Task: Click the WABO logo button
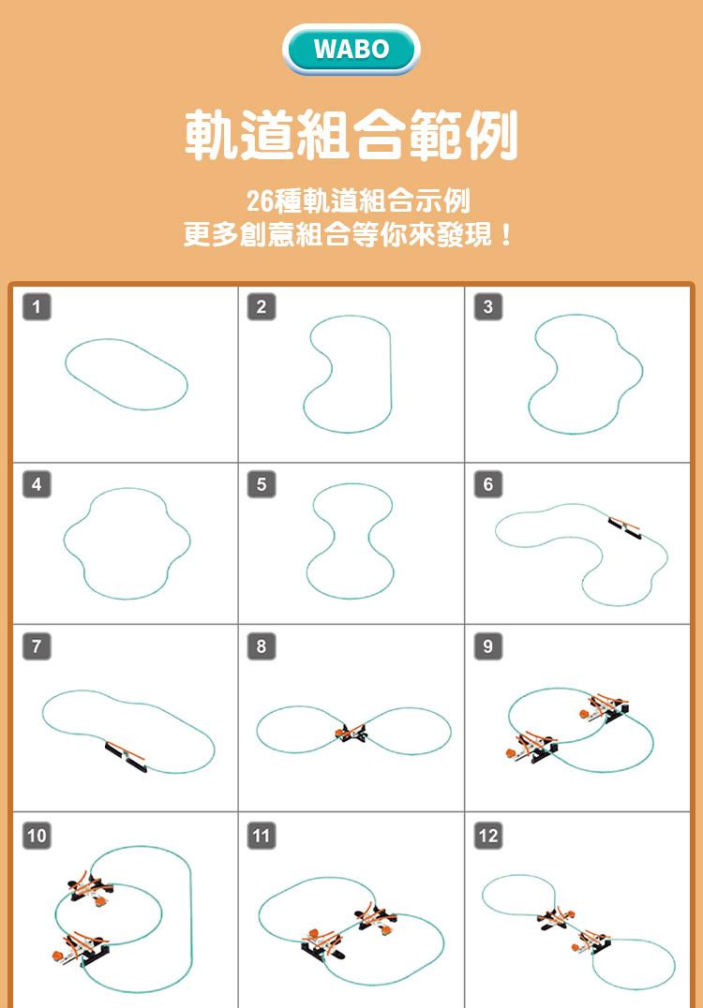(x=351, y=50)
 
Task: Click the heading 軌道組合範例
(x=351, y=135)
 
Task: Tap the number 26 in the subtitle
(x=261, y=201)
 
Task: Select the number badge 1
(x=37, y=306)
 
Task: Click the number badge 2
(x=262, y=306)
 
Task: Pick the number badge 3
(x=488, y=306)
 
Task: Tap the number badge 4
(x=37, y=484)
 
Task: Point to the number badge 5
(x=262, y=484)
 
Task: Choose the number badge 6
(x=488, y=484)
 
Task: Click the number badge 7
(x=37, y=646)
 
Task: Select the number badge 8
(x=262, y=646)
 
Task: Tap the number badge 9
(x=488, y=646)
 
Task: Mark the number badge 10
(x=37, y=836)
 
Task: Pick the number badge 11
(x=262, y=836)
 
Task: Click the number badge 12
(x=488, y=836)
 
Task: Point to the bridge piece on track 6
(x=624, y=527)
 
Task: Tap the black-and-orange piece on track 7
(x=126, y=757)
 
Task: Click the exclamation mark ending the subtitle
(x=507, y=234)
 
